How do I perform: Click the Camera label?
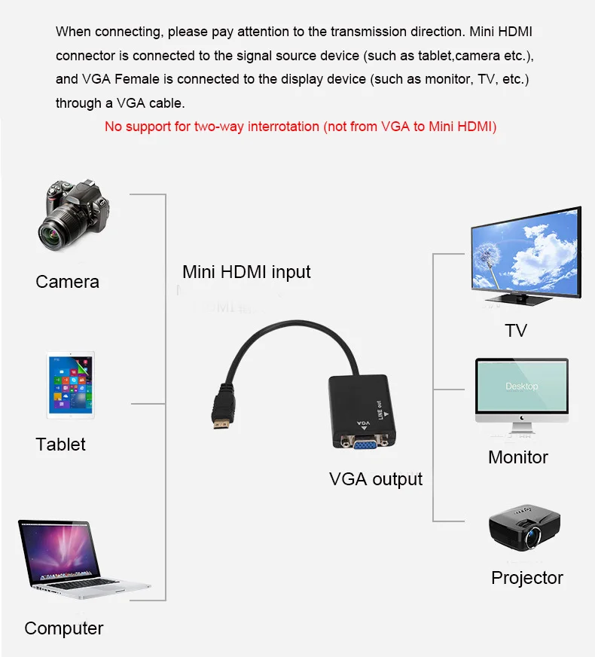pos(67,282)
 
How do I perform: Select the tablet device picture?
pos(71,384)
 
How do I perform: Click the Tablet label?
pos(60,445)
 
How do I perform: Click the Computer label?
pos(63,628)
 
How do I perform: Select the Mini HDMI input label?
pos(246,272)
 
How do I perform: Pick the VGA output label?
pos(376,479)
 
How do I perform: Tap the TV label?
pos(516,331)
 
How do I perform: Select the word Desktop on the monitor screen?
pos(521,387)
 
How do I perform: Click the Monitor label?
pos(518,457)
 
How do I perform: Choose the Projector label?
pos(527,578)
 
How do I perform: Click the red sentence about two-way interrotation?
pos(301,127)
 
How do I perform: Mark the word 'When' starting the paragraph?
pos(72,32)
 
